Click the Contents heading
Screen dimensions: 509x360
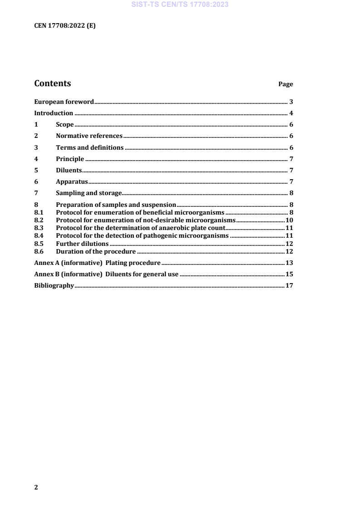click(53, 83)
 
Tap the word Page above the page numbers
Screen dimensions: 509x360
click(286, 84)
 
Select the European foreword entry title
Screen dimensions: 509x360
click(64, 102)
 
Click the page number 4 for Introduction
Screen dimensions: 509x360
click(291, 113)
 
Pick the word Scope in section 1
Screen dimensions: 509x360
click(64, 125)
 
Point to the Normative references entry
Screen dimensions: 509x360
click(89, 136)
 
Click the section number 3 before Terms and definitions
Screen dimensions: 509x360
click(36, 147)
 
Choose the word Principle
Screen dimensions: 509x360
click(70, 159)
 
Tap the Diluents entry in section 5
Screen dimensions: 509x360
click(69, 171)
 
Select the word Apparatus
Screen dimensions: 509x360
click(72, 182)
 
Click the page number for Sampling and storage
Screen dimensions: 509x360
click(291, 193)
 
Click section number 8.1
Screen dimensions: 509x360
click(39, 212)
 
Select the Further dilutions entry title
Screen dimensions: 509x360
click(82, 244)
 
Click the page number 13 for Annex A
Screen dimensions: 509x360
click(289, 263)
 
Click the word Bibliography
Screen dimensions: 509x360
click(54, 286)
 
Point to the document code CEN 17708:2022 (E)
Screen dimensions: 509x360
click(65, 26)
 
